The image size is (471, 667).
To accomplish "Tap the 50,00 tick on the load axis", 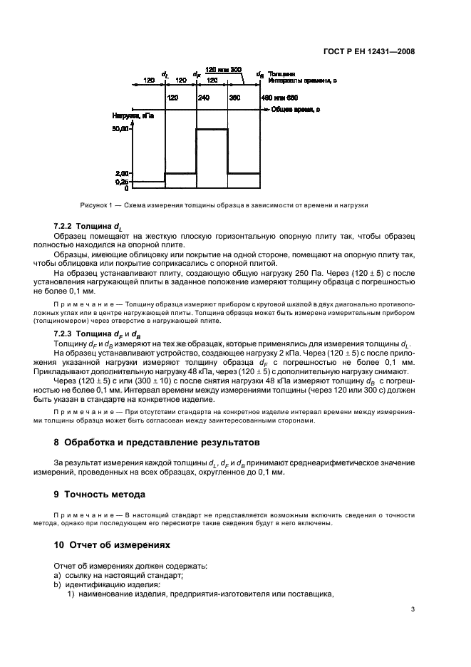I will [120, 129].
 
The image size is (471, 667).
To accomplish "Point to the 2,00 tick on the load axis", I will [121, 173].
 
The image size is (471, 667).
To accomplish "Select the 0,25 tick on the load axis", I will [121, 182].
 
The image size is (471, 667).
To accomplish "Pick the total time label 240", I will [203, 97].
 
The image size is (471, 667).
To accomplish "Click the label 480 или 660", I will [279, 97].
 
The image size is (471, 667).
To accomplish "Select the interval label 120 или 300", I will [223, 69].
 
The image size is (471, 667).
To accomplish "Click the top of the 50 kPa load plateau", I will [212, 129].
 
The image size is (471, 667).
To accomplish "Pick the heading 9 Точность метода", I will [100, 494].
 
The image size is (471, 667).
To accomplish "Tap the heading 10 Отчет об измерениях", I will [113, 544].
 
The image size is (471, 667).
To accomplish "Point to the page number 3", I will [413, 609].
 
